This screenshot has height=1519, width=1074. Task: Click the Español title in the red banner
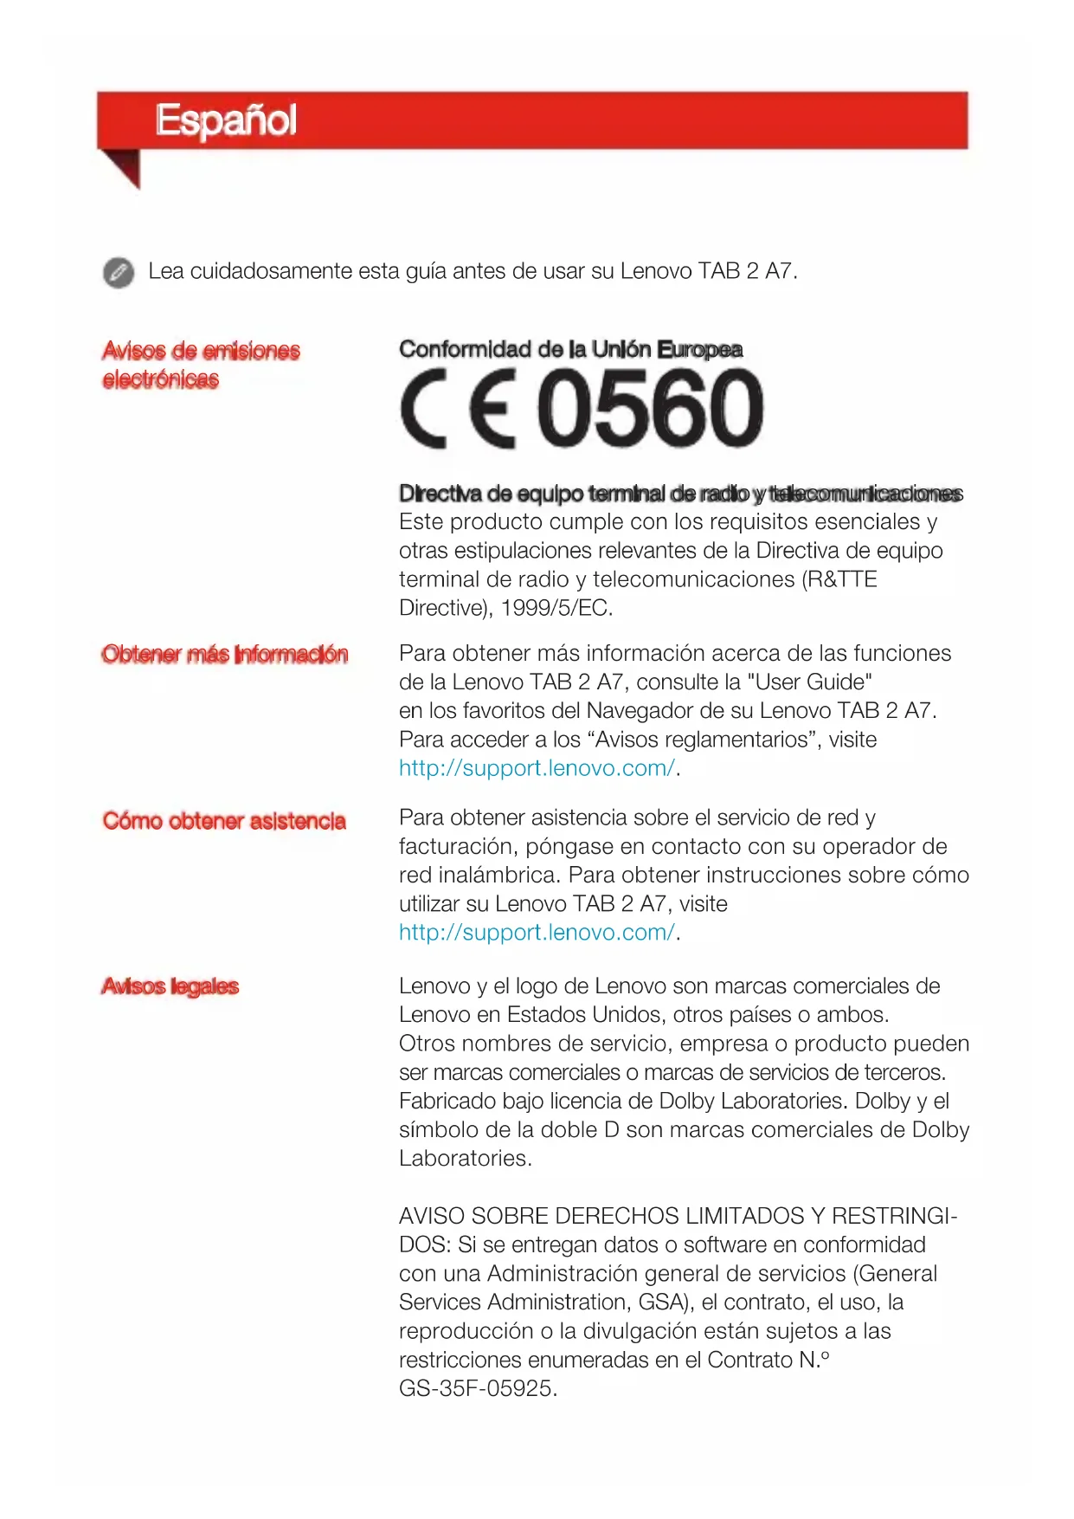[x=226, y=120]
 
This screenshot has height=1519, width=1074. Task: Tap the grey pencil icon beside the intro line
[x=119, y=272]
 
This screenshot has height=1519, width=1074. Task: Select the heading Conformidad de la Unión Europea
[x=570, y=350]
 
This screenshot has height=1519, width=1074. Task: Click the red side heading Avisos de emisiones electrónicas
[x=200, y=365]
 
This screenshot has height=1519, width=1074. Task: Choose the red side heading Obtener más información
[x=224, y=654]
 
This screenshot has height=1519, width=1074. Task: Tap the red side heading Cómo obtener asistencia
[x=223, y=821]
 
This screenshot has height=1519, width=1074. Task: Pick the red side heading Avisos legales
[x=170, y=986]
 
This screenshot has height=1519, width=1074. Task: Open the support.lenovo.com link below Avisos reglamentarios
[x=537, y=768]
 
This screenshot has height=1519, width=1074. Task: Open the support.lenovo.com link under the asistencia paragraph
[x=537, y=933]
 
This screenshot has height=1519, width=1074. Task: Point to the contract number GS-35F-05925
[x=476, y=1389]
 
